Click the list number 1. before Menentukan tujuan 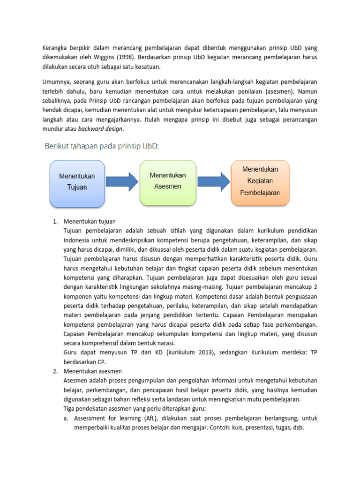tap(54, 221)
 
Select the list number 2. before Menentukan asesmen tap(54, 371)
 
